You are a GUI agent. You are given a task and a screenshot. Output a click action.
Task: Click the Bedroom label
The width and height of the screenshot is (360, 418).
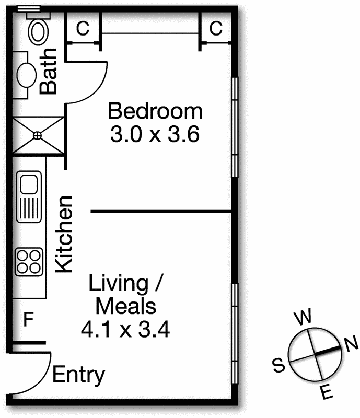[x=155, y=111]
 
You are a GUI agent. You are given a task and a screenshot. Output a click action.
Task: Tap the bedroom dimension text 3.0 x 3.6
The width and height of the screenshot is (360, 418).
[x=155, y=134]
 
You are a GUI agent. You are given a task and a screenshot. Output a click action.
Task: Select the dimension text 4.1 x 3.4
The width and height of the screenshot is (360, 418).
[x=125, y=329]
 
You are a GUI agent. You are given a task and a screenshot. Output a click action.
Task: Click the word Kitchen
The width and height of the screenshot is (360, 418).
[x=64, y=235]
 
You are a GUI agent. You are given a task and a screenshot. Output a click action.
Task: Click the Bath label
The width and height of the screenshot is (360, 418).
[x=48, y=72]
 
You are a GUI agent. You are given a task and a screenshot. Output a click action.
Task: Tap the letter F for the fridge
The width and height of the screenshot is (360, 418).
[x=29, y=319]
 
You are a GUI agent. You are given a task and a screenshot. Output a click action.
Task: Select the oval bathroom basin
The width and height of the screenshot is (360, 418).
[x=27, y=75]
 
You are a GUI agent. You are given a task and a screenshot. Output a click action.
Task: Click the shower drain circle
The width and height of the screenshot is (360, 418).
[x=37, y=136]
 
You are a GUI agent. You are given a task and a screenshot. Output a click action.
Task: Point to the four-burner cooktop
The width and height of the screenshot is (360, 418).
[x=29, y=262]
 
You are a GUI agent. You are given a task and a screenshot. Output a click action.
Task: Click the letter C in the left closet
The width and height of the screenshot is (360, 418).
[x=83, y=28]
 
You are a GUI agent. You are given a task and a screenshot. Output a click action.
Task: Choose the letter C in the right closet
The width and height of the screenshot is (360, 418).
[x=216, y=28]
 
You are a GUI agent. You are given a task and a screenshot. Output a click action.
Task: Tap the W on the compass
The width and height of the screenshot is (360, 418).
[x=303, y=317]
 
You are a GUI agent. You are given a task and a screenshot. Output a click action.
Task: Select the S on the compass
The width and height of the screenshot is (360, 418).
[x=279, y=365]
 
